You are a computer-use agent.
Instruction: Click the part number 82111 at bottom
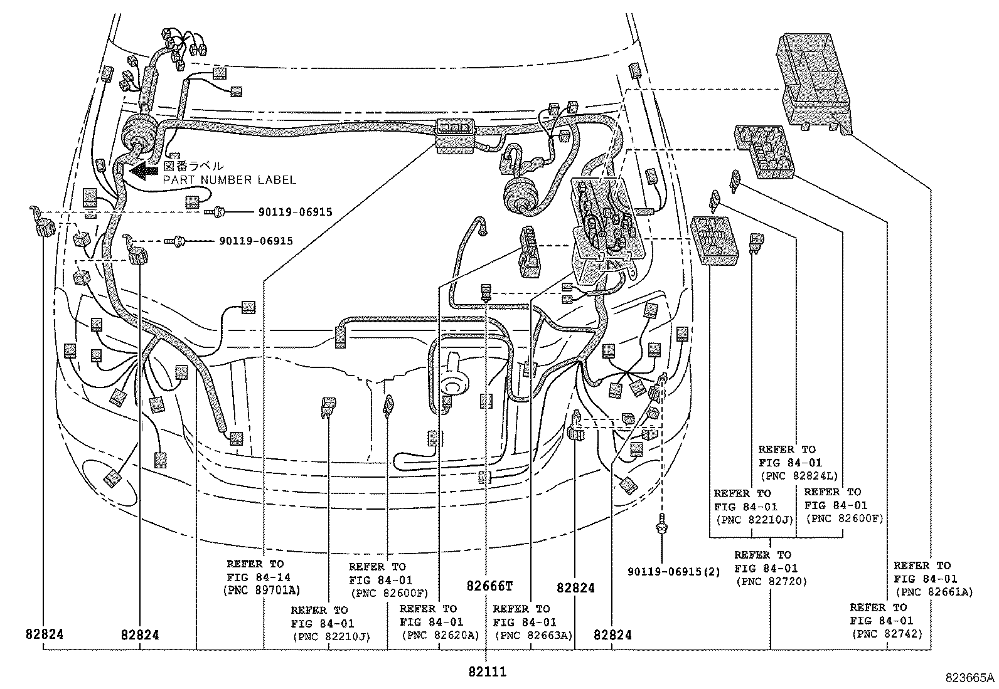click(x=486, y=672)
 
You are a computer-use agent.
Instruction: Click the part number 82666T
click(x=489, y=587)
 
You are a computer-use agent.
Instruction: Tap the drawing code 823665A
click(x=971, y=678)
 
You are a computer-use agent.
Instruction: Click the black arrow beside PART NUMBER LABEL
click(x=143, y=169)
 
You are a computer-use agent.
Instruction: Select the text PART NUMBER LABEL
click(x=229, y=180)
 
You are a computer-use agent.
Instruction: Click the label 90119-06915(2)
click(x=674, y=571)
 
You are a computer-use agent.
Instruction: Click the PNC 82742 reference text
click(x=887, y=634)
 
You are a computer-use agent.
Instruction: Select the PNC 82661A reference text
click(x=933, y=591)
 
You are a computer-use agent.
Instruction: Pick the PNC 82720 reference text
click(x=771, y=581)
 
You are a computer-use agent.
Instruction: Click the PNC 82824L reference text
click(x=798, y=476)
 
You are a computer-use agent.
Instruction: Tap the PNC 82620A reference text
click(x=440, y=635)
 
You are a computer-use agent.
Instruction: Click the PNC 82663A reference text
click(x=533, y=635)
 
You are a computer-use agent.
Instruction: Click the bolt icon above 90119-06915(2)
click(x=662, y=522)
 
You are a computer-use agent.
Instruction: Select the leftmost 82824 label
click(x=45, y=634)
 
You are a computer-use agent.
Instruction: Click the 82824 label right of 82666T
click(x=575, y=587)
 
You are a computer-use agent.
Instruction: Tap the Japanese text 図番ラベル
click(x=193, y=166)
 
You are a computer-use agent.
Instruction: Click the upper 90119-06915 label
click(x=295, y=213)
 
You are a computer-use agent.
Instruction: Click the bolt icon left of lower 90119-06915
click(x=175, y=241)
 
